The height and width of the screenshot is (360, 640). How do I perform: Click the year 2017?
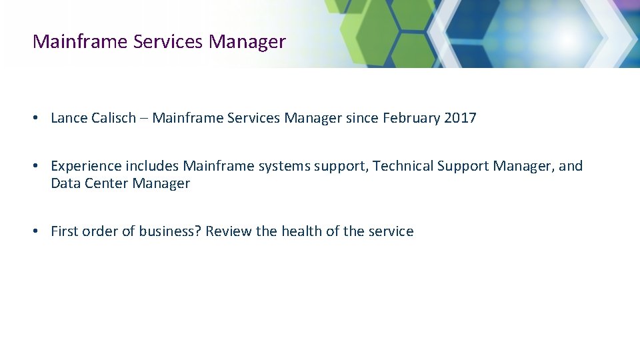(x=460, y=118)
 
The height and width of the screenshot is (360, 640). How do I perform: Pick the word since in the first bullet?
(x=362, y=118)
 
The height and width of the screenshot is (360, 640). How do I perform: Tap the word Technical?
(x=403, y=166)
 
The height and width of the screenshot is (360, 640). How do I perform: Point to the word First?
(x=65, y=231)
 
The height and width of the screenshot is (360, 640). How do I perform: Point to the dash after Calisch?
(x=147, y=119)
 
